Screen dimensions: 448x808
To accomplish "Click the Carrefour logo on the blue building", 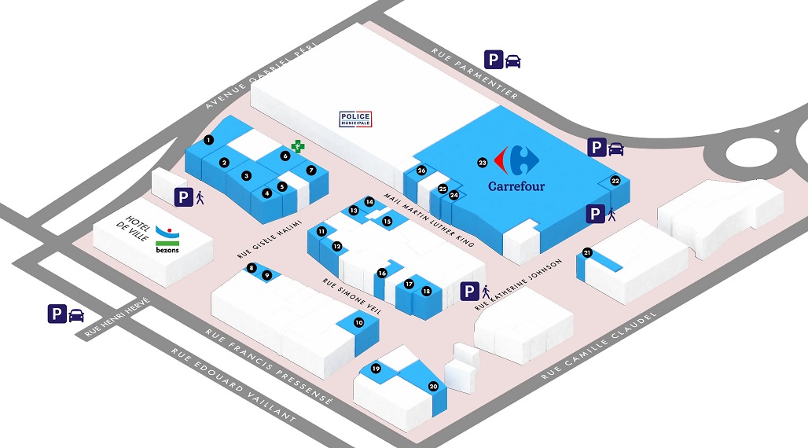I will coord(516,168).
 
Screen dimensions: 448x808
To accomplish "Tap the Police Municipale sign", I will coord(355,119).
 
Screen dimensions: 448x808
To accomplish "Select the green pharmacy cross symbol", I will coord(297,145).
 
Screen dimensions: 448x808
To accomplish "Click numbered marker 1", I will coord(208,140).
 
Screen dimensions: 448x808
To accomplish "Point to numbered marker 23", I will coord(483,163).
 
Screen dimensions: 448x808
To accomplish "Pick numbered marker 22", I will coord(615,181).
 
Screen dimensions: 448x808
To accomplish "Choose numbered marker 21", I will coord(587,252).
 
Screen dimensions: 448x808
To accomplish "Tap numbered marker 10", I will coord(359,322).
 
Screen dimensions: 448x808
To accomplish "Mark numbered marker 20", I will coord(433,386).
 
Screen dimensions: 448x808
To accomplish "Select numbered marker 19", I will coord(376,369).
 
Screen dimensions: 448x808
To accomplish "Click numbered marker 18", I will coord(426,291).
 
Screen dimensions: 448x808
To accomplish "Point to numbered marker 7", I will coord(311,170).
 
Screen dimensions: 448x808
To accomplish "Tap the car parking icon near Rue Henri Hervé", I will coord(66,314).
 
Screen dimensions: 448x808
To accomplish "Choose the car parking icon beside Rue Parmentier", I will coord(501,61).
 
